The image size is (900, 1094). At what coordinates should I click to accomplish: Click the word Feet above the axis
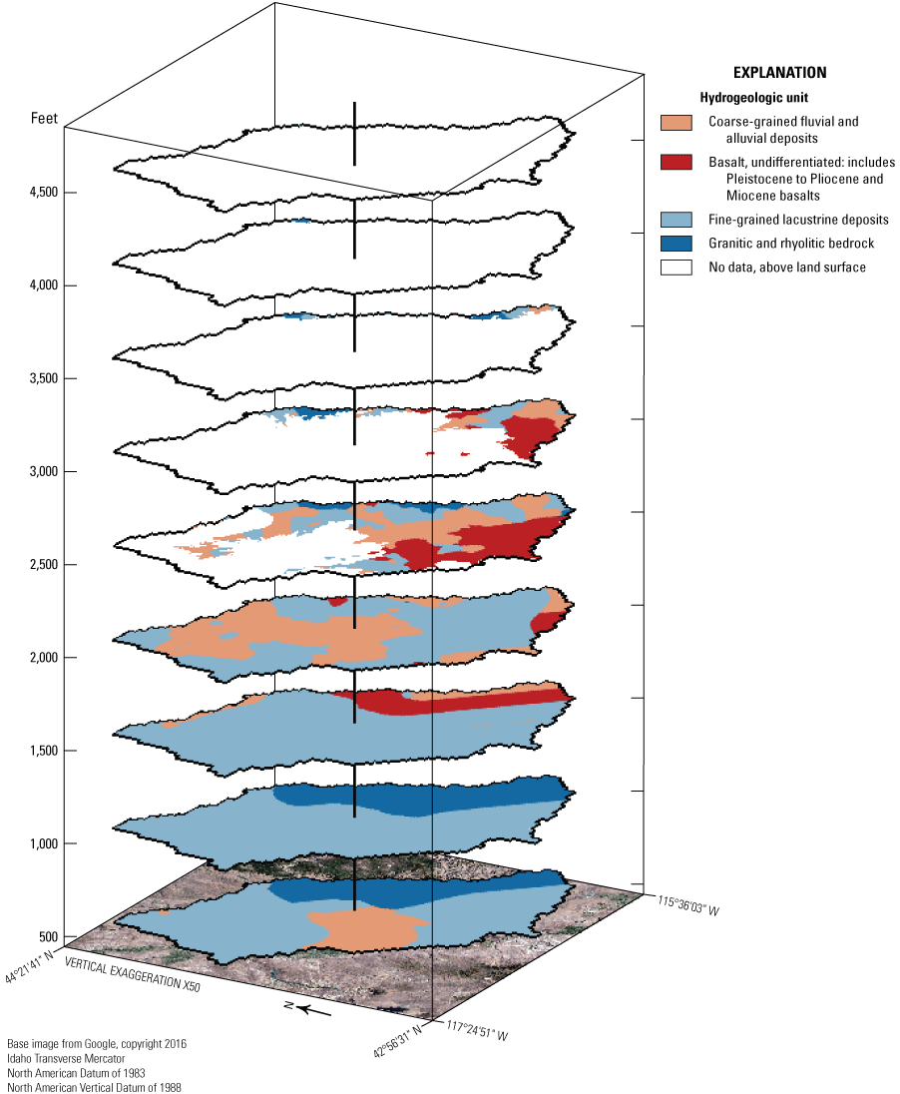(44, 120)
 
